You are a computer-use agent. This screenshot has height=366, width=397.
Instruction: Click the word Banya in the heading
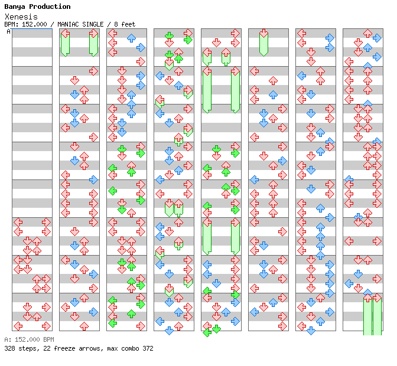tap(15, 7)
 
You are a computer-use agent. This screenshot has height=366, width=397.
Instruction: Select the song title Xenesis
tap(21, 17)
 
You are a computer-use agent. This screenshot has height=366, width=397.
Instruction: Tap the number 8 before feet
tap(116, 24)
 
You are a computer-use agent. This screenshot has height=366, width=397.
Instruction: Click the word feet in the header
tap(128, 24)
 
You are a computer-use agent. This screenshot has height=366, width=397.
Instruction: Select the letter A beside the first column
tap(8, 32)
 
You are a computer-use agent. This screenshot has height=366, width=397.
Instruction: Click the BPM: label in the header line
tap(11, 24)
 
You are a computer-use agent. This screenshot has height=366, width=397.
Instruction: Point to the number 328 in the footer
tap(9, 348)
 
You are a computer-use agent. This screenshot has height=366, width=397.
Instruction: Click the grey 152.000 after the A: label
tap(27, 339)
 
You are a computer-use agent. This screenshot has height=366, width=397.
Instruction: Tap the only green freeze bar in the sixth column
tap(263, 43)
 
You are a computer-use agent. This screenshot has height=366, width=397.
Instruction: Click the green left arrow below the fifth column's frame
tap(207, 332)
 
